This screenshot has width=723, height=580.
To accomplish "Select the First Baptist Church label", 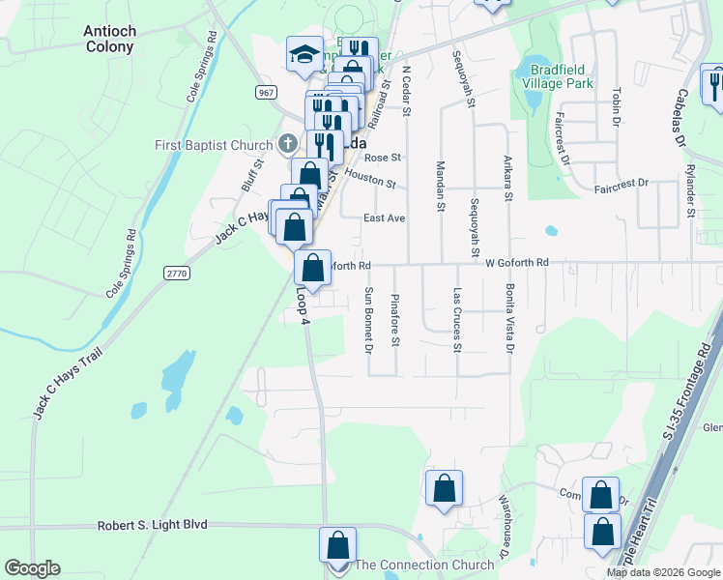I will [215, 145].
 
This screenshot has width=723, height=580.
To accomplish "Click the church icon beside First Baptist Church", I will [287, 145].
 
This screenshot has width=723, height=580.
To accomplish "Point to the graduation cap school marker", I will [304, 54].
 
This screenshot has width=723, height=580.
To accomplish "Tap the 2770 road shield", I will [177, 274].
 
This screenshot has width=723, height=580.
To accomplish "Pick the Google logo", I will [32, 568].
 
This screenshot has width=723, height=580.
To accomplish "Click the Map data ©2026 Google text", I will [662, 572].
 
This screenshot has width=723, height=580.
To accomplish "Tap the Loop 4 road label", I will [303, 304].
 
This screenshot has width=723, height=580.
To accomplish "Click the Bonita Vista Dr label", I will [508, 318].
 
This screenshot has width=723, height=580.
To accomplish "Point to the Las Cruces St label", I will [458, 319].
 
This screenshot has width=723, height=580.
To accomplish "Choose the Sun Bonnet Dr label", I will [368, 319].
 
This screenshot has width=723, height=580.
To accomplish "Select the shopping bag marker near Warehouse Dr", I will [444, 489].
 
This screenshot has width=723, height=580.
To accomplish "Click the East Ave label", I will [384, 218].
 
